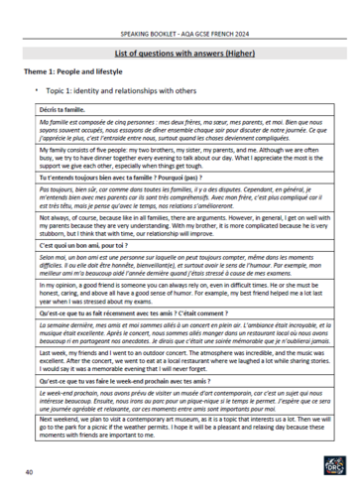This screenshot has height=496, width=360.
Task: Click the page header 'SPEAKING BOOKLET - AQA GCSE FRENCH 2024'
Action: coord(180,12)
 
